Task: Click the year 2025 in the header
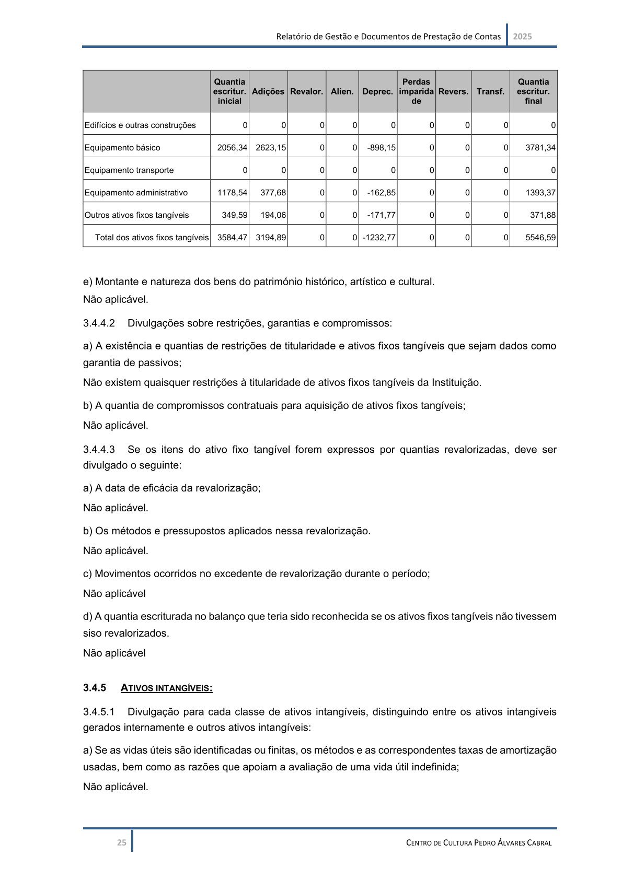point(522,37)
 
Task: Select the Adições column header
point(268,91)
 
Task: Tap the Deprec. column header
point(377,91)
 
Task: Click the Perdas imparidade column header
point(416,91)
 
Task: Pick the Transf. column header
point(490,91)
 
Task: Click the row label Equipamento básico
point(122,148)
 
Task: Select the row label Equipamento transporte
point(129,170)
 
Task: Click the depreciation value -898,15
point(381,148)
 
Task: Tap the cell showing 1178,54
point(232,193)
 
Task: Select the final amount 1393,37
point(540,193)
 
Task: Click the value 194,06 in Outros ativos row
point(273,215)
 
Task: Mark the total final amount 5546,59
point(540,238)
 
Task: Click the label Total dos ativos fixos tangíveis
point(152,238)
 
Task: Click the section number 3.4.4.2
point(99,323)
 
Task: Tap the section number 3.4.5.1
point(99,712)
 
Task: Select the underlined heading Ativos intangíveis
point(166,688)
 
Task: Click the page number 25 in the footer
point(121,842)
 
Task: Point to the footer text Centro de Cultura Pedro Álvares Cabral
point(479,842)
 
